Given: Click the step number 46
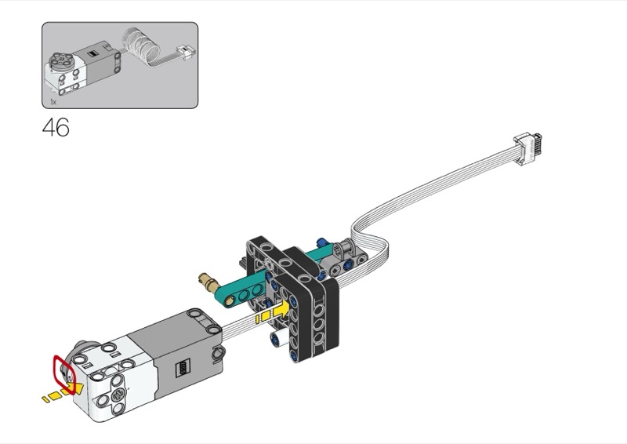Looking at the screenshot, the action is click(56, 127).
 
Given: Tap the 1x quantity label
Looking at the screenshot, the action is click(53, 102).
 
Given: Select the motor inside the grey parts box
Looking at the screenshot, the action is click(82, 71).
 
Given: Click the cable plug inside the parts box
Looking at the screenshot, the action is click(187, 52).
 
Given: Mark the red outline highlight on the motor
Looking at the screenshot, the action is click(64, 374).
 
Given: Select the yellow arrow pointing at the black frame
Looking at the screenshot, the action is click(272, 312).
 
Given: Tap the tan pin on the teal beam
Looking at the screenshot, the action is click(208, 281).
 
